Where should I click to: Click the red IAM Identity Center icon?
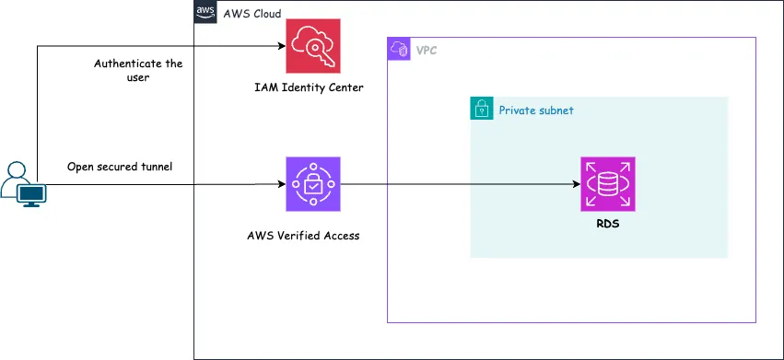(x=313, y=46)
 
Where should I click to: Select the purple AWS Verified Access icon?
(x=313, y=184)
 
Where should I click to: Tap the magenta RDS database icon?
(x=608, y=184)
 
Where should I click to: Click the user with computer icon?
(x=22, y=184)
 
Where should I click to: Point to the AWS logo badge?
(x=205, y=13)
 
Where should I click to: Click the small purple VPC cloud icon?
(x=399, y=49)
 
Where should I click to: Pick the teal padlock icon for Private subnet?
(x=482, y=110)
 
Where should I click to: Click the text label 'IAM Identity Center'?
(x=309, y=87)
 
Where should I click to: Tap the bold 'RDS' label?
(x=607, y=224)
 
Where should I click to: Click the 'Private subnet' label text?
(x=536, y=110)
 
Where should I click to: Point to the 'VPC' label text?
(x=427, y=50)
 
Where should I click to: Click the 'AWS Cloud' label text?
(x=252, y=14)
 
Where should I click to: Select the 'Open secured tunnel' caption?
(x=120, y=167)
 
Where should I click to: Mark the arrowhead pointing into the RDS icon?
(x=575, y=184)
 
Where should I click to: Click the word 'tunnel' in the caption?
(x=154, y=167)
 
